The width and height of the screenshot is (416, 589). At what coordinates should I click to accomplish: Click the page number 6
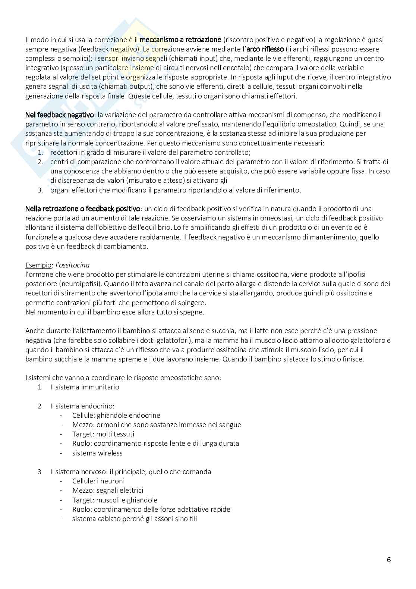coord(389,560)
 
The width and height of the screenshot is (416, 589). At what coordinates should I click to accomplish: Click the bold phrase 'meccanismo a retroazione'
coord(180,40)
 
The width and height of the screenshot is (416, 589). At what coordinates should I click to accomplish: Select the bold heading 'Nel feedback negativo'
coord(60,115)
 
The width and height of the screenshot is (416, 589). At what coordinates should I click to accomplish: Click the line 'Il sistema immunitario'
coord(85,387)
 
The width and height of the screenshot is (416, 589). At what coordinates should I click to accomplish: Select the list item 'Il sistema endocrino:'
coord(82,406)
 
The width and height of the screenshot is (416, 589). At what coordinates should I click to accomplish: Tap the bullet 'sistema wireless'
coord(97,453)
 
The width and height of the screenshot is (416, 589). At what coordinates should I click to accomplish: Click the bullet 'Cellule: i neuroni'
coord(98,481)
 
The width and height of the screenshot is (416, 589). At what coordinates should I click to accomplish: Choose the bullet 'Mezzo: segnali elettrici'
coord(108,490)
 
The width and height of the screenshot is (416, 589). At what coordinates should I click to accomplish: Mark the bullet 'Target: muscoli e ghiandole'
coord(114,500)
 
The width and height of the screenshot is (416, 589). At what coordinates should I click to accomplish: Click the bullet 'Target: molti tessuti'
coord(103,434)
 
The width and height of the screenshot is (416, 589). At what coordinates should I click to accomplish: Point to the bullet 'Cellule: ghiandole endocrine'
coord(116,415)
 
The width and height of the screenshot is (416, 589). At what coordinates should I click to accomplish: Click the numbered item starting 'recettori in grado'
coord(150,152)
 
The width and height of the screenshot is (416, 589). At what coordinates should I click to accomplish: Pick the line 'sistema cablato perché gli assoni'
coord(134,518)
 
